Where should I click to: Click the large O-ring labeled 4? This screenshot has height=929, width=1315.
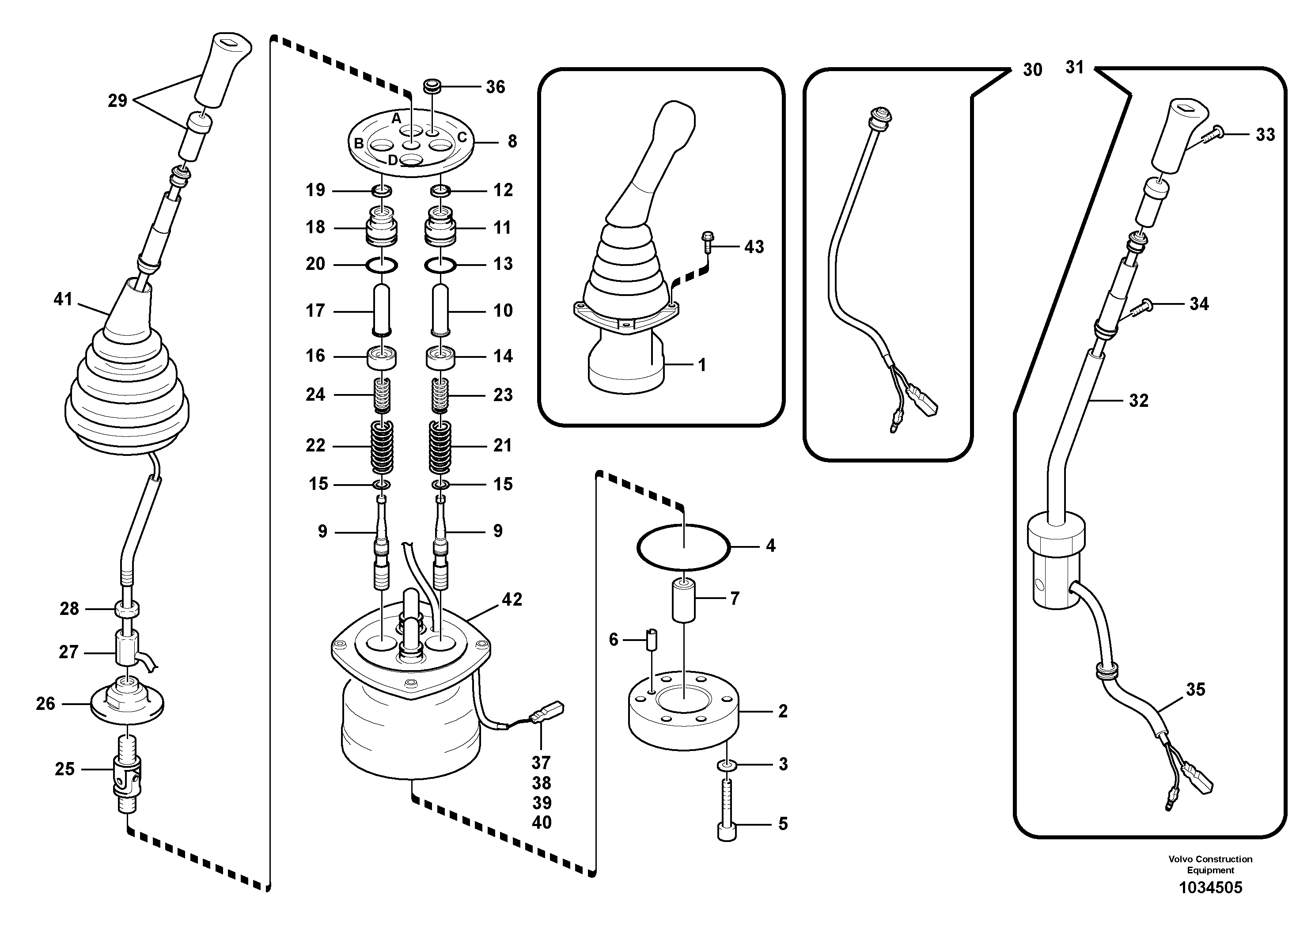(x=683, y=526)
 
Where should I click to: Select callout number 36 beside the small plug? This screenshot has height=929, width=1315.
(x=496, y=87)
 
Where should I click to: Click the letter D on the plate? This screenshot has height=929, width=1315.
(x=392, y=160)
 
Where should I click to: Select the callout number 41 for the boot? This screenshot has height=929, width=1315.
(x=63, y=299)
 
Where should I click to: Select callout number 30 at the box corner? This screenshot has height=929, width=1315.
(x=1032, y=70)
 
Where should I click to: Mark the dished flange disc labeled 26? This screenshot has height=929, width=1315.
(x=127, y=704)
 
